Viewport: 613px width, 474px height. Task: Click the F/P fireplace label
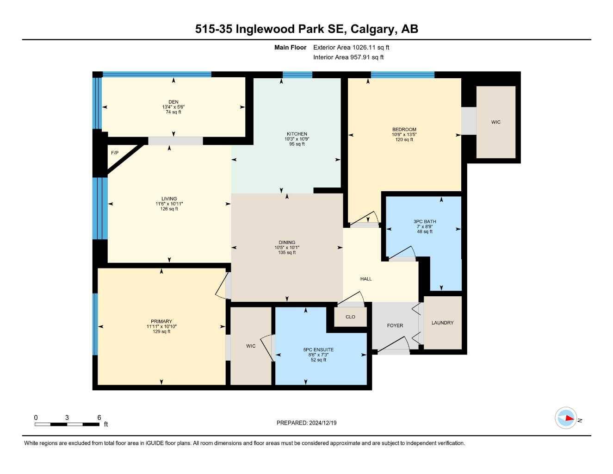coord(115,153)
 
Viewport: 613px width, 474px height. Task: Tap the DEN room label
coord(173,102)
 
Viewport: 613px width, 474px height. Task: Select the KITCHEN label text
coord(297,134)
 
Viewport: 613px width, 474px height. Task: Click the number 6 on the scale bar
coord(99,418)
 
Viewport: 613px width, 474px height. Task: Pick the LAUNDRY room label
coord(442,323)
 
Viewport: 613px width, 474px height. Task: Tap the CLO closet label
coord(350,317)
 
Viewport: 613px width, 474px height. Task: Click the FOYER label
coord(395,325)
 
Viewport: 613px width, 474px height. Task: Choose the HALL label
coord(366,279)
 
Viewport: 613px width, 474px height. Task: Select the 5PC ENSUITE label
coord(318,349)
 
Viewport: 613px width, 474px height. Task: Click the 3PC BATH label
coord(425,221)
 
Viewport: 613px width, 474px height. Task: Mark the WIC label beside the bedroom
coord(495,122)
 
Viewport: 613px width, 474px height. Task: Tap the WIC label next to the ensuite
coord(250,346)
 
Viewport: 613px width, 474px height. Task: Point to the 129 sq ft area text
coord(161,331)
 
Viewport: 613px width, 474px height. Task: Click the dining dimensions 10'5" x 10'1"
coord(287,248)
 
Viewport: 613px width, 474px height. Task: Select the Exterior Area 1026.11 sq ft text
coord(351,47)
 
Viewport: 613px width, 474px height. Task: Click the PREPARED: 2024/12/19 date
coord(306,423)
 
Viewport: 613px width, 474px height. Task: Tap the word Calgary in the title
coord(372,29)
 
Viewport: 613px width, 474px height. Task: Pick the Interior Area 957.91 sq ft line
coord(348,57)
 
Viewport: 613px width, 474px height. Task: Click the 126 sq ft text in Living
coord(169,209)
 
